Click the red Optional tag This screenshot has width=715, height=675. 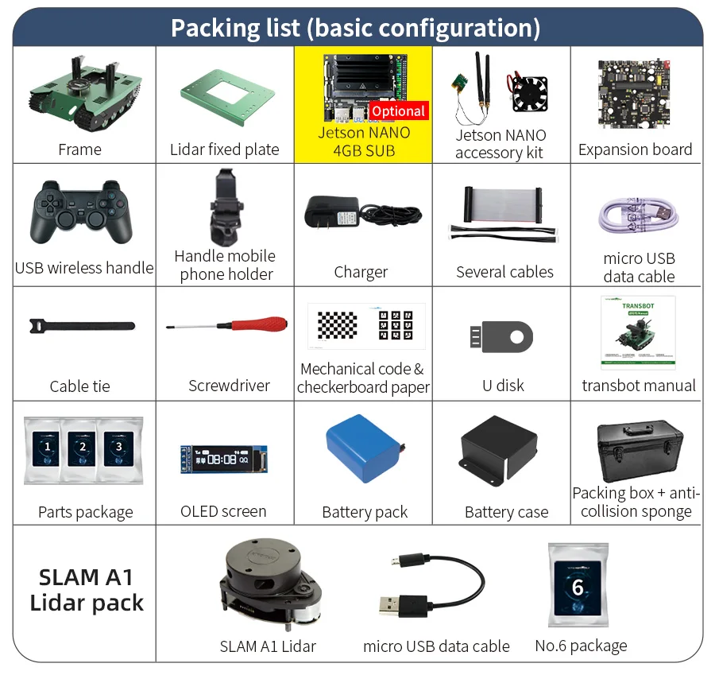pyautogui.click(x=399, y=111)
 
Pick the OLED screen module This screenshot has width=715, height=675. pyautogui.click(x=223, y=459)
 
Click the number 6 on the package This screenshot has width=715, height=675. pyautogui.click(x=578, y=588)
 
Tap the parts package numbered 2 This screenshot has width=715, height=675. pyautogui.click(x=83, y=447)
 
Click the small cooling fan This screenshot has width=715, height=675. pyautogui.click(x=530, y=92)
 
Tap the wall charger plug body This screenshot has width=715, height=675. pyautogui.click(x=331, y=211)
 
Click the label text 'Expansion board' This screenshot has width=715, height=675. pyautogui.click(x=635, y=149)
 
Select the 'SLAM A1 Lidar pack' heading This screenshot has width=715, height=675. pyautogui.click(x=86, y=589)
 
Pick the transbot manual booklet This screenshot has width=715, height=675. pyautogui.click(x=638, y=332)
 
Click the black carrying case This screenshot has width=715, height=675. pyautogui.click(x=639, y=449)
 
